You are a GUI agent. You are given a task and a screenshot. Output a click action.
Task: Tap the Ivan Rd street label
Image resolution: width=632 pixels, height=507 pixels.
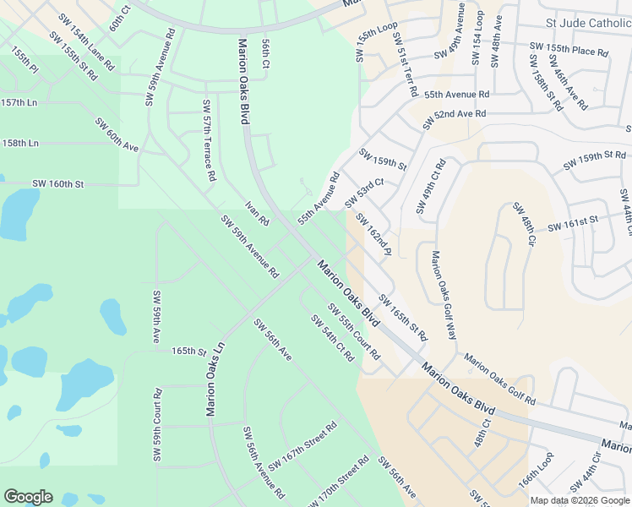click(x=257, y=214)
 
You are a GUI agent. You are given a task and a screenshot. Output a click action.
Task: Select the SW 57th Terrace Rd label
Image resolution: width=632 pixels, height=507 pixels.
click(x=207, y=141)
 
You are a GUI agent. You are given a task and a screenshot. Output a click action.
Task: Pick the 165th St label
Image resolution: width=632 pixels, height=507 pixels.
click(x=189, y=350)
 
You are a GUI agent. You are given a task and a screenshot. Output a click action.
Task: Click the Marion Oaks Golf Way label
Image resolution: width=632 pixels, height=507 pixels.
click(x=444, y=295)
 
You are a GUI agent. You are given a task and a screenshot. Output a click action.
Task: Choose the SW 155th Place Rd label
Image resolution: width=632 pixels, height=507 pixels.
click(x=568, y=50)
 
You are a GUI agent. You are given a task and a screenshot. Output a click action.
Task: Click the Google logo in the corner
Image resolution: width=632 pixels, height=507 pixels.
click(x=28, y=497)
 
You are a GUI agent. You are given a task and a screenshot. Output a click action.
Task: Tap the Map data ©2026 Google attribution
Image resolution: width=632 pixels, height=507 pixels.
click(x=580, y=500)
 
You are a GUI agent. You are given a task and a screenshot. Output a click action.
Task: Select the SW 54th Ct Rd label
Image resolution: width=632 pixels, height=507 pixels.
click(x=331, y=339)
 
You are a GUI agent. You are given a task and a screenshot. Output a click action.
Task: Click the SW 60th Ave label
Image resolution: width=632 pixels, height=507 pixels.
click(x=117, y=135)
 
